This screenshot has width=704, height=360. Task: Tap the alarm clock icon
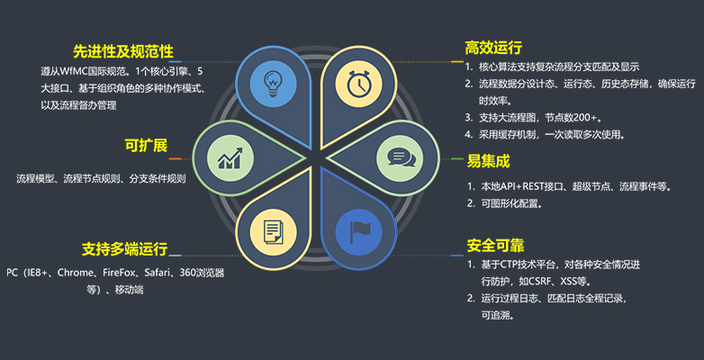point(358,83)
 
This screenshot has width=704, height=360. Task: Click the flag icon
point(358,232)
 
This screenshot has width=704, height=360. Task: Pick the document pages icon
point(273,231)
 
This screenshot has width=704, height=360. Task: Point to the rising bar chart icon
point(230,158)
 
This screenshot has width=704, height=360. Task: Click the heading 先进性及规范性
point(123,51)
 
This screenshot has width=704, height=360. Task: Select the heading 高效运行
point(493,47)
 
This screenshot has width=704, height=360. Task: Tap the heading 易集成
point(489,161)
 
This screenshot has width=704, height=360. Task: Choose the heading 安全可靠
point(496,245)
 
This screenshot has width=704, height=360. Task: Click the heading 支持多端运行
point(124,248)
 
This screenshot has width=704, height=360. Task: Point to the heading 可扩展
point(146,146)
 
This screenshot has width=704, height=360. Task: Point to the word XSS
point(564,282)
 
